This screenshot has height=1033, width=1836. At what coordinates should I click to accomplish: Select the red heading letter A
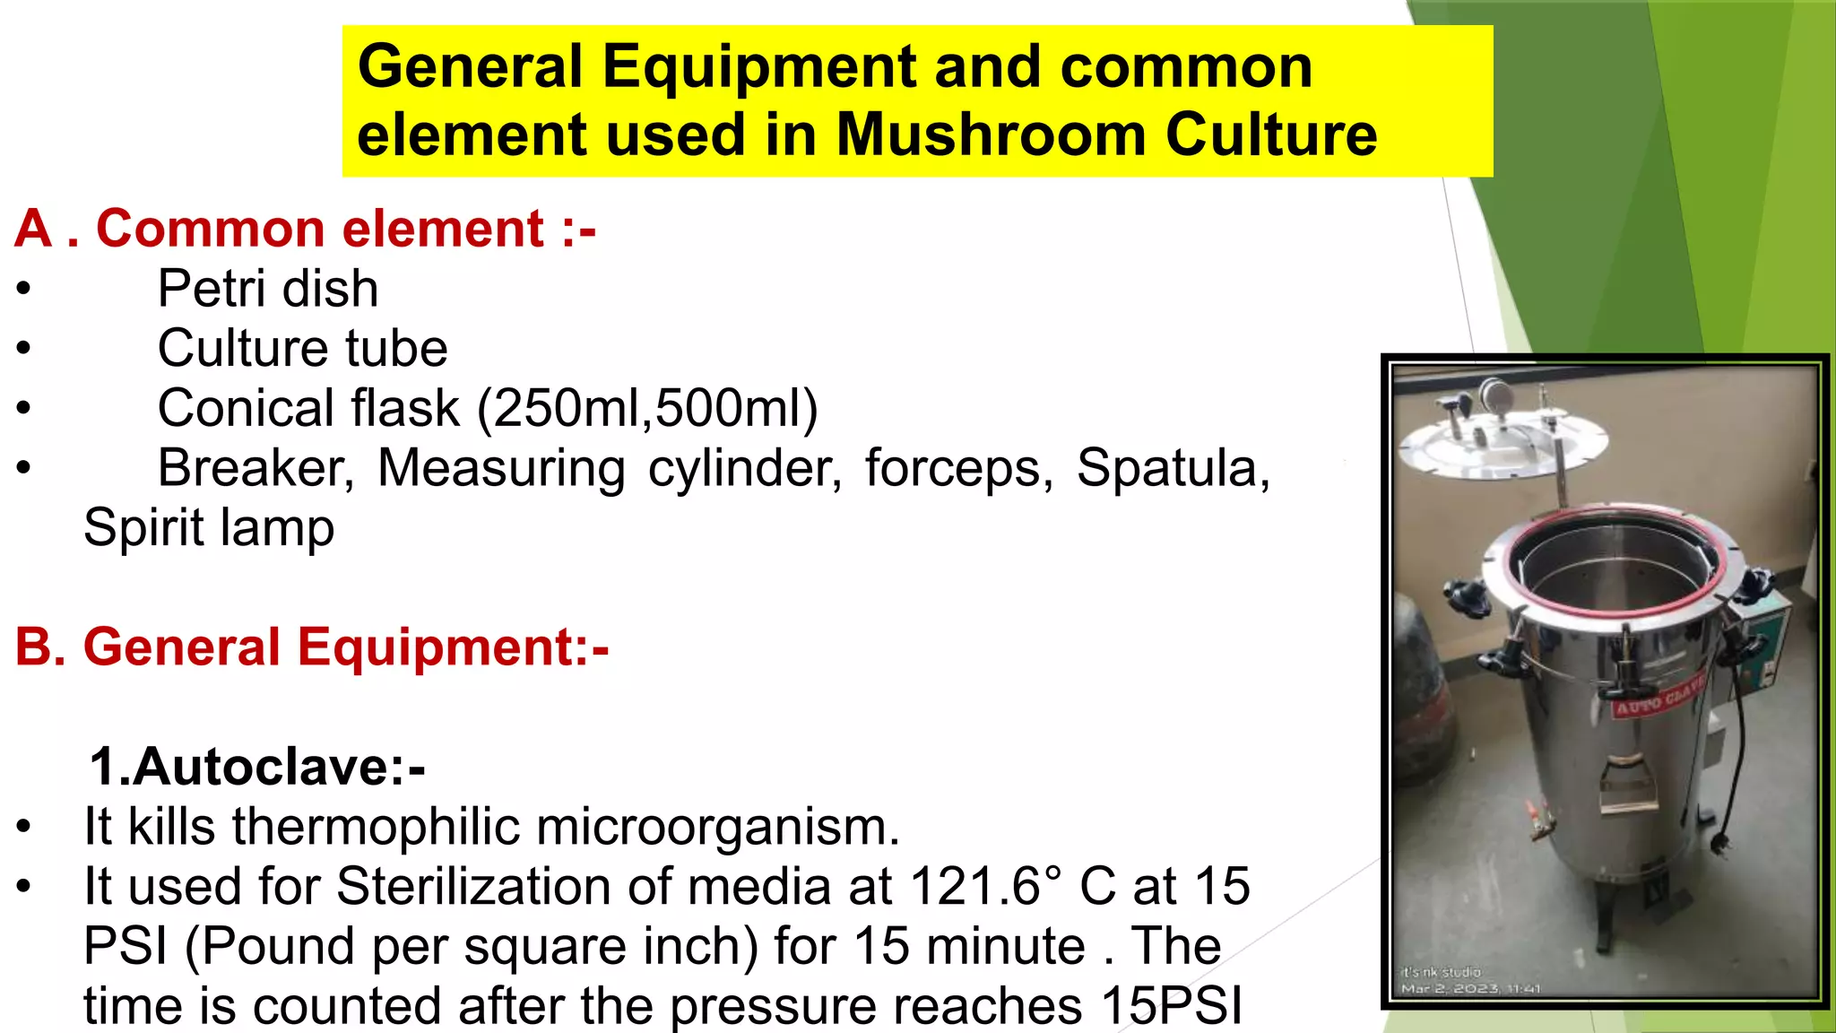[x=34, y=229]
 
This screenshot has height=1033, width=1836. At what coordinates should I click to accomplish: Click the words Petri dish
[x=267, y=289]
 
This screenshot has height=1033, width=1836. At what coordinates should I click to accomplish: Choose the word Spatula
[x=1173, y=468]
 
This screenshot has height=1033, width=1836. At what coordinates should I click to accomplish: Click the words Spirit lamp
[x=209, y=527]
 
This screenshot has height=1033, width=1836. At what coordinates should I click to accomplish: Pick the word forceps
[x=958, y=468]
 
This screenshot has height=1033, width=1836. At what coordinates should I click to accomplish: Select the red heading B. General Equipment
[x=312, y=647]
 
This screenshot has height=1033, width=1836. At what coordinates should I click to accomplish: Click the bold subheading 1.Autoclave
[x=256, y=767]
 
